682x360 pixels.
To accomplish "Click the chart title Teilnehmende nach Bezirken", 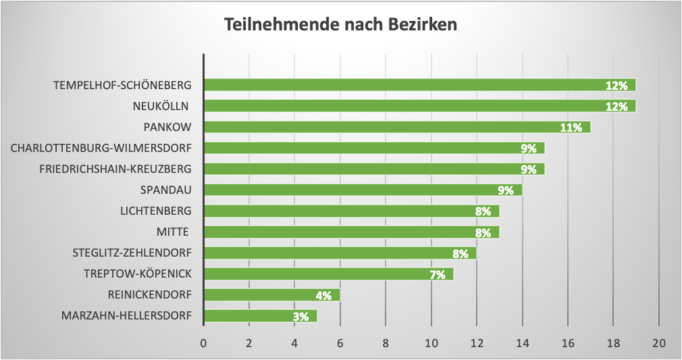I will [340, 26].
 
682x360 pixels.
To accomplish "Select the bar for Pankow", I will [397, 127].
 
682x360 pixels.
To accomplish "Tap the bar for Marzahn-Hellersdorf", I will [260, 316].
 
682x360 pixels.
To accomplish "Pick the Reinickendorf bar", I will [271, 295].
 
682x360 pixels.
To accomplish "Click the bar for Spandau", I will [363, 190].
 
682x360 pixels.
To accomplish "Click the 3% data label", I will [300, 316].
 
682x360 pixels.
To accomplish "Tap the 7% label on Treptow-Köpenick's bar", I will [437, 274].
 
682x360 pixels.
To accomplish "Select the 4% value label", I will [323, 295].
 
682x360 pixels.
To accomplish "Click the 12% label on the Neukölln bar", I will [617, 106].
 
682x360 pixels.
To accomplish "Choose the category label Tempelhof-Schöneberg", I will [122, 85].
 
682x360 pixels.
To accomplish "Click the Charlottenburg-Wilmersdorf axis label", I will [101, 148].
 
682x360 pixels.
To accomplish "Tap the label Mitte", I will [174, 232].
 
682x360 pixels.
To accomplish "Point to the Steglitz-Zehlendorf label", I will [132, 253].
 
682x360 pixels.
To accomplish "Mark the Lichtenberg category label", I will [155, 211].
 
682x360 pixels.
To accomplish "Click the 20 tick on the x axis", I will [658, 342].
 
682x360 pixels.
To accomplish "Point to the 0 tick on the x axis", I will [203, 342].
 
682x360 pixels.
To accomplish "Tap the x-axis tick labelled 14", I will [522, 342].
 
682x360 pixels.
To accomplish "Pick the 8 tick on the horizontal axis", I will [386, 342].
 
